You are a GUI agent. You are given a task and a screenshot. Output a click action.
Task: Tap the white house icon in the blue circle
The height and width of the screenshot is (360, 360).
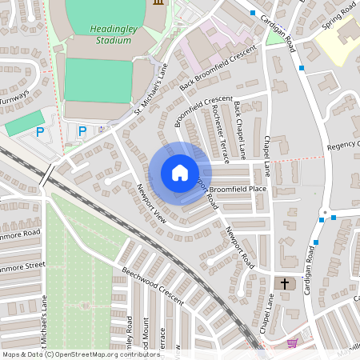pos(180,173)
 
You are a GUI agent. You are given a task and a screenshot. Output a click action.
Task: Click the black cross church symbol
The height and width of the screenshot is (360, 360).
pos(283,283)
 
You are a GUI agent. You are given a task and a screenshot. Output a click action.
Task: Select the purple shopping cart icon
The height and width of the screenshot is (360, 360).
pos(293,343)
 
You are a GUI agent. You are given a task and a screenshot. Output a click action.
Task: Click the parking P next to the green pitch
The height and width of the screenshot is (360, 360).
pos(39,131)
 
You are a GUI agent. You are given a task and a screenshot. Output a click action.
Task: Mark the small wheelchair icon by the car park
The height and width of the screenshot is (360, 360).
pos(101,129)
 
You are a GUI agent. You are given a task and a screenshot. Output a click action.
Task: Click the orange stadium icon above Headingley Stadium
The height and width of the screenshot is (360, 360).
pos(158,3)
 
